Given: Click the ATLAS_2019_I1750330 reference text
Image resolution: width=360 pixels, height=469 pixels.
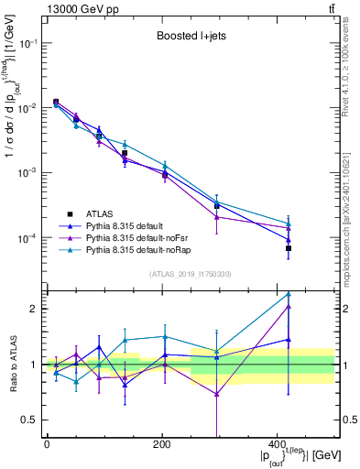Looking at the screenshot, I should click(x=191, y=274).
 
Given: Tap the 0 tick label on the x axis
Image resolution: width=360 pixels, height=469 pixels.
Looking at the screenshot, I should click(x=47, y=444).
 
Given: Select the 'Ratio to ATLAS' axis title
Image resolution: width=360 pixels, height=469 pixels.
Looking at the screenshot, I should click(x=12, y=364).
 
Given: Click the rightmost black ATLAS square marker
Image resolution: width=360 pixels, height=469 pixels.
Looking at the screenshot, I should click(x=289, y=248).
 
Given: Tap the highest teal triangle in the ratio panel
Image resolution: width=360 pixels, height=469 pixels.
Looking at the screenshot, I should click(x=289, y=295).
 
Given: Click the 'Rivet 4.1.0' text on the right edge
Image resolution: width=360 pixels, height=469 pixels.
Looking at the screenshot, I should click(x=351, y=73).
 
